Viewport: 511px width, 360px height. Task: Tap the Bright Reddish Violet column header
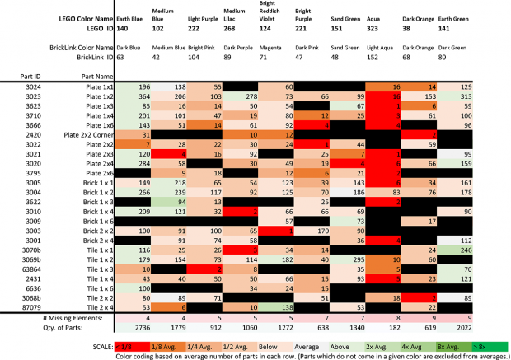pyautogui.click(x=272, y=12)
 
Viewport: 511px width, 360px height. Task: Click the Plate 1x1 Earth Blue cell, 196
pyautogui.click(x=143, y=86)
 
